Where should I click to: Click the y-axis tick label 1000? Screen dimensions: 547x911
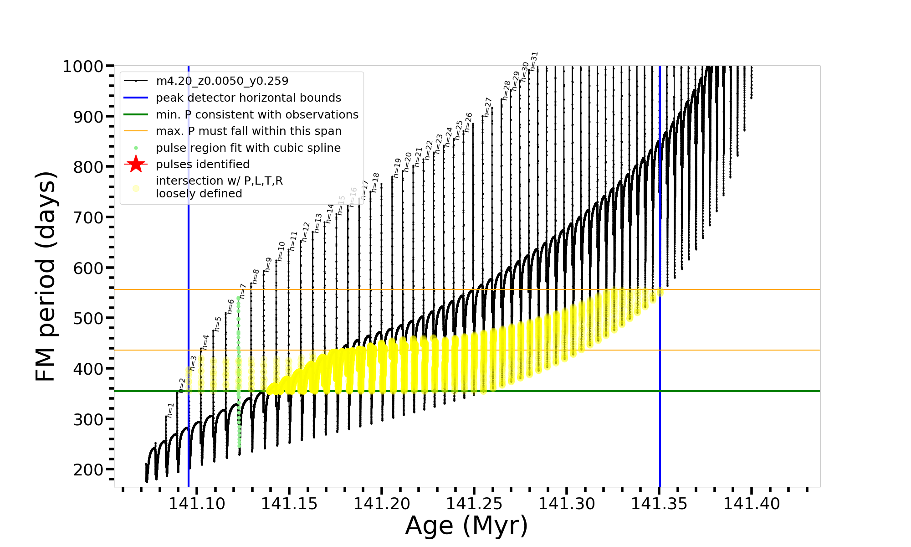click(82, 67)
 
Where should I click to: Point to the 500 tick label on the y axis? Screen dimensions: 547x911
click(88, 318)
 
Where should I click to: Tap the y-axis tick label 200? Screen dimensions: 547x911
click(88, 470)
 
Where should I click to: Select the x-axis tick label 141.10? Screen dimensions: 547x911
click(197, 504)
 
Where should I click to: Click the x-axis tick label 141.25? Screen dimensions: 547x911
click(474, 504)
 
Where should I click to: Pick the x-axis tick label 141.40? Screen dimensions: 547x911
click(752, 504)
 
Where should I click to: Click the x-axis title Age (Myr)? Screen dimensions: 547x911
click(466, 526)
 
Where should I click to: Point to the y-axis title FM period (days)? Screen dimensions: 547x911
click(46, 276)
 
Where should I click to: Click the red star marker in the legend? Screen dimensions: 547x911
click(136, 165)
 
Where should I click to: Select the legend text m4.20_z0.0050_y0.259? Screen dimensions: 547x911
click(222, 81)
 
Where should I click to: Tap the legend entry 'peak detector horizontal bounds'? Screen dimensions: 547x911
click(248, 98)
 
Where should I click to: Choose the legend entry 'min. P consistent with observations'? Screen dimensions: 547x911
click(257, 115)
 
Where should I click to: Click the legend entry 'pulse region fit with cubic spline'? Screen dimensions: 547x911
click(248, 148)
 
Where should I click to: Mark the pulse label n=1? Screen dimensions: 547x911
click(170, 410)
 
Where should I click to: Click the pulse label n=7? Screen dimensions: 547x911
click(243, 291)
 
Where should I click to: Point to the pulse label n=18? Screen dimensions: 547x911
click(375, 182)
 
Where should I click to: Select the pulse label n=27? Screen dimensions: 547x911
click(488, 107)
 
